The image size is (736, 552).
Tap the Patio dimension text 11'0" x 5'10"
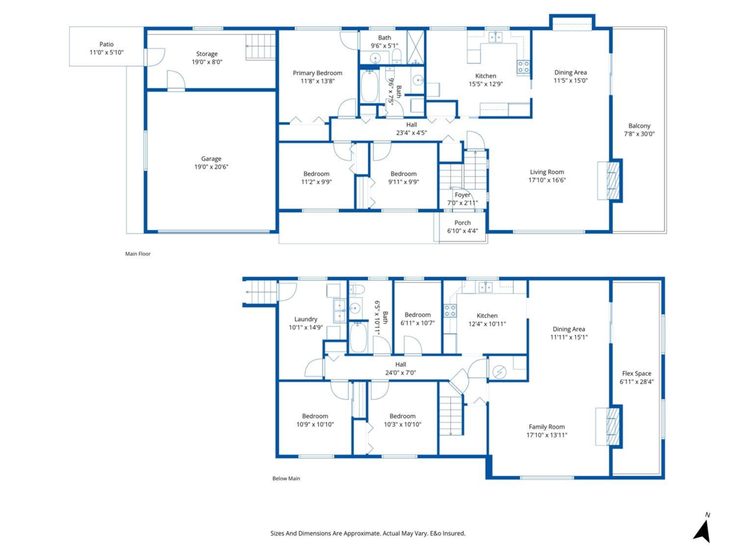pos(106,53)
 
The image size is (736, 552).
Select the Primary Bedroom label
pos(317,73)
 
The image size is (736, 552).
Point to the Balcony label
pos(639,126)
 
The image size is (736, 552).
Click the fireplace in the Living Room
pos(610,180)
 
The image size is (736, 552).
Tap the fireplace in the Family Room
pos(609,426)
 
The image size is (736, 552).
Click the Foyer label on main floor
pos(462,195)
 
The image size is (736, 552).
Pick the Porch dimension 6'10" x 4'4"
pos(462,231)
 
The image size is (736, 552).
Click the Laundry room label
pos(305,319)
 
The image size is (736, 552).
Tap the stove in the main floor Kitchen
pos(523,67)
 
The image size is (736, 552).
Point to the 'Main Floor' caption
pos(137,253)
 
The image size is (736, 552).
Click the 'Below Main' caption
pos(286,478)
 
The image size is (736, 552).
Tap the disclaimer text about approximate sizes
pos(368,534)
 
